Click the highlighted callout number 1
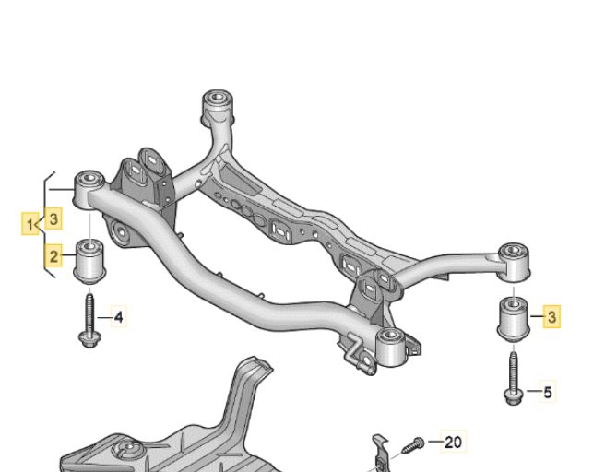tap(30, 224)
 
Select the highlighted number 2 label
tap(53, 256)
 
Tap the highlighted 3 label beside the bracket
tap(53, 218)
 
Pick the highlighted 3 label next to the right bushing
tap(551, 316)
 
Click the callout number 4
tap(118, 317)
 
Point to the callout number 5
tap(547, 392)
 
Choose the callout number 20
tap(453, 442)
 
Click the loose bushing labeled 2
tap(89, 260)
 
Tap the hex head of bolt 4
tap(88, 338)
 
